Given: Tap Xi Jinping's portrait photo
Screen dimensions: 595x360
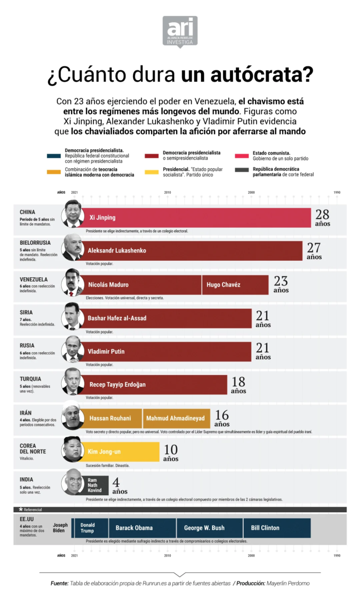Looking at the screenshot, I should click(x=73, y=214).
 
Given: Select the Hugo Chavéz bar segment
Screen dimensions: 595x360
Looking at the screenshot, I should click(x=235, y=284).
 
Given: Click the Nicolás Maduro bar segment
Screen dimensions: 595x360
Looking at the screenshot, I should click(x=141, y=284).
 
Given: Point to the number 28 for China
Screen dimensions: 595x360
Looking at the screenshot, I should click(x=322, y=214).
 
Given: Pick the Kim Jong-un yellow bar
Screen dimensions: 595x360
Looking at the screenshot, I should click(x=120, y=452).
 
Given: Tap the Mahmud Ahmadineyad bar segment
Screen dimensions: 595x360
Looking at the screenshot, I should click(x=175, y=418).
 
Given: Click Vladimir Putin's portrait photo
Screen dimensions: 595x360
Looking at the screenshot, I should click(x=73, y=349).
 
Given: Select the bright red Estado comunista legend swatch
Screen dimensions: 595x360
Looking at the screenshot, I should click(x=242, y=156).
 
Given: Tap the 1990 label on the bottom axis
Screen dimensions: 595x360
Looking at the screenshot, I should click(x=337, y=555).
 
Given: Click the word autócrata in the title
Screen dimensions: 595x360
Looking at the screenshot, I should click(x=247, y=76).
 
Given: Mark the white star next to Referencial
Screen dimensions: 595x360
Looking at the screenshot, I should click(x=20, y=509).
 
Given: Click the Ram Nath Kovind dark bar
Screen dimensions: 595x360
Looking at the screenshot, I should click(x=96, y=485).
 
